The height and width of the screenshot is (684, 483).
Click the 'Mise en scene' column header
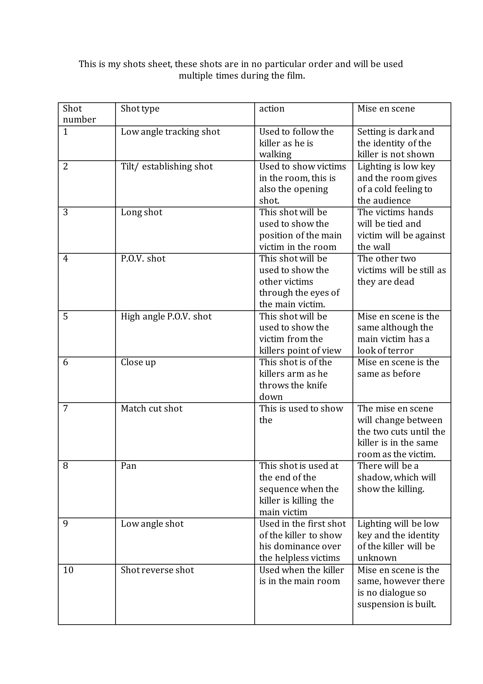(x=386, y=108)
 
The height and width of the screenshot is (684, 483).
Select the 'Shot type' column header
(x=140, y=108)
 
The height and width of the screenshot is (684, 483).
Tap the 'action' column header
(x=272, y=108)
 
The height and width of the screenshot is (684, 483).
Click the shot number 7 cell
(x=66, y=409)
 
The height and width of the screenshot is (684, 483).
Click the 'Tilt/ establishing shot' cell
(x=167, y=166)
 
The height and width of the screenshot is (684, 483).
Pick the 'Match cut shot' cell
(x=152, y=409)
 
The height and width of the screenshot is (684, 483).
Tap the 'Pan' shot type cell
(x=129, y=466)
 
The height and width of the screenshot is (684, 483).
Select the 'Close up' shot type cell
(x=138, y=362)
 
